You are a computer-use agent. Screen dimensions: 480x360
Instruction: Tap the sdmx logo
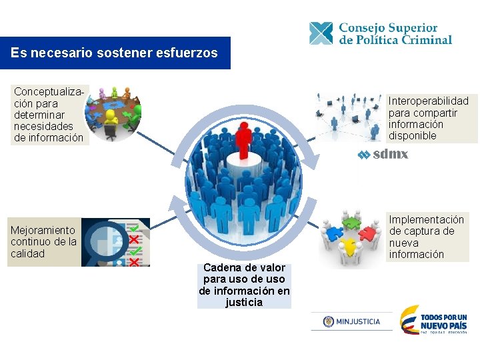[383, 155]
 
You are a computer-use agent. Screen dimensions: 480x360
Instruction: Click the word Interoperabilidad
[429, 101]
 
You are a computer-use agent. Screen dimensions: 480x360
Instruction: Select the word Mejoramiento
[43, 231]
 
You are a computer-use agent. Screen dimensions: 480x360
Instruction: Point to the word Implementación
[426, 219]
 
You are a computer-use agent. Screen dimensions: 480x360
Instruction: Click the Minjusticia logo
[351, 321]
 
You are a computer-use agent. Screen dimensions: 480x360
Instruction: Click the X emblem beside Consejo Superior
[321, 33]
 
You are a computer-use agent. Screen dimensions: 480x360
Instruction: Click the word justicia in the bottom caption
[244, 303]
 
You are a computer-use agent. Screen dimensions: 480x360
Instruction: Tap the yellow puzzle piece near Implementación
[347, 248]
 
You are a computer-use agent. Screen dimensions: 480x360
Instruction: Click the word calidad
[27, 254]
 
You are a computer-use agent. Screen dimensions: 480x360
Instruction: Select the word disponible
[412, 136]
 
